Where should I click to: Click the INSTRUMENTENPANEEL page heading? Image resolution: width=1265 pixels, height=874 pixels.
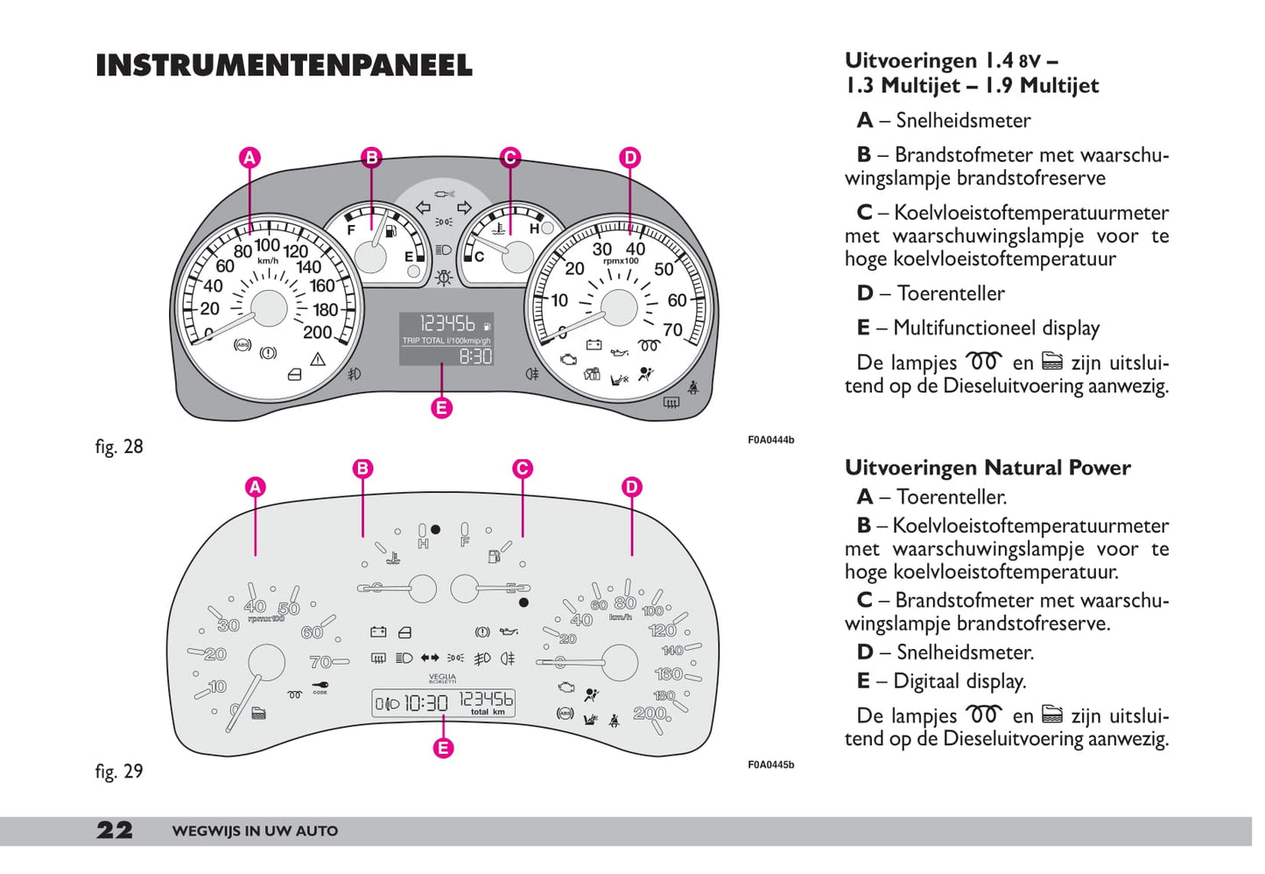tap(284, 66)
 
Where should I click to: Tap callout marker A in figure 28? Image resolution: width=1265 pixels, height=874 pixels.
tap(249, 158)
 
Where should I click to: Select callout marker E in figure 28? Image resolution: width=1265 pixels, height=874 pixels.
tap(442, 407)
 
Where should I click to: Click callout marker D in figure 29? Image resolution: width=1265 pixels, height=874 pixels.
tap(631, 488)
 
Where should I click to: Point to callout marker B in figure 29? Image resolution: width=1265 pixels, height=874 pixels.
tap(362, 469)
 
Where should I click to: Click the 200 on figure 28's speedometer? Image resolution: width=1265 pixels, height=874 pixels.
tap(317, 333)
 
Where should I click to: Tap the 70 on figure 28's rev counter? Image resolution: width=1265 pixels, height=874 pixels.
tap(672, 330)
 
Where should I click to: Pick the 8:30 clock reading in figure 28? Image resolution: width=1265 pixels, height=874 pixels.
tap(475, 356)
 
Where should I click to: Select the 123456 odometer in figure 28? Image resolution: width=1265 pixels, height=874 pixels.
tap(446, 323)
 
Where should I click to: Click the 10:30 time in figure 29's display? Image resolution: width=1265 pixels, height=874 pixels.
tap(425, 703)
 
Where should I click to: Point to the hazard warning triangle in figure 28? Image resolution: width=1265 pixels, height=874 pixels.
tap(318, 359)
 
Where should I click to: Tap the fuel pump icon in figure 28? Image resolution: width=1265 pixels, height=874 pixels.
tap(390, 232)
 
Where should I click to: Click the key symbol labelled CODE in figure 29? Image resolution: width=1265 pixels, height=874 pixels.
tap(320, 685)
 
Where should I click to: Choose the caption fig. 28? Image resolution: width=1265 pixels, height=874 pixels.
tap(119, 447)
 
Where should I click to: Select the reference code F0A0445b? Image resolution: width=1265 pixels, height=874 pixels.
tap(770, 765)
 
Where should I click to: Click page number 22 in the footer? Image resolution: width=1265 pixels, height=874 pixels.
tap(115, 830)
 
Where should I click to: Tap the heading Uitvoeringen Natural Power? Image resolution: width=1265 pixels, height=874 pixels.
tap(987, 468)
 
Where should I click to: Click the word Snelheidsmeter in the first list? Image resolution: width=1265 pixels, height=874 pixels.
tap(963, 121)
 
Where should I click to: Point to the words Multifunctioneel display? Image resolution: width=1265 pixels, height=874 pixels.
tap(996, 328)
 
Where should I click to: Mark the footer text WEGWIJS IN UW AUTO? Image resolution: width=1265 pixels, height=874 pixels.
tap(255, 831)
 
